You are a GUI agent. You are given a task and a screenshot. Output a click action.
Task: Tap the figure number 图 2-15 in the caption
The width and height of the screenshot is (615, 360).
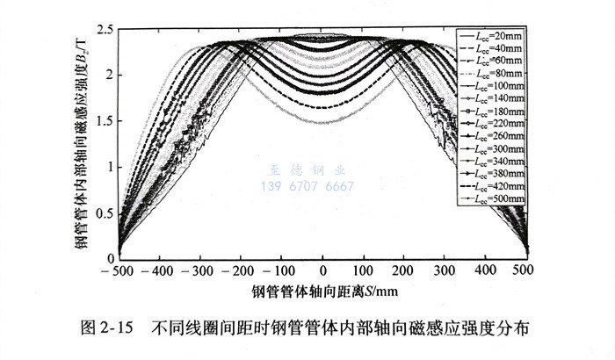[x=106, y=329]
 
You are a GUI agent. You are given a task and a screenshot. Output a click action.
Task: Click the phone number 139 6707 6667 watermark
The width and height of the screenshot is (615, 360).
[x=303, y=186]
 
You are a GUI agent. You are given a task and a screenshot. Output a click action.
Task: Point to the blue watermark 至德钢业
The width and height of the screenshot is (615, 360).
[x=303, y=172]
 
